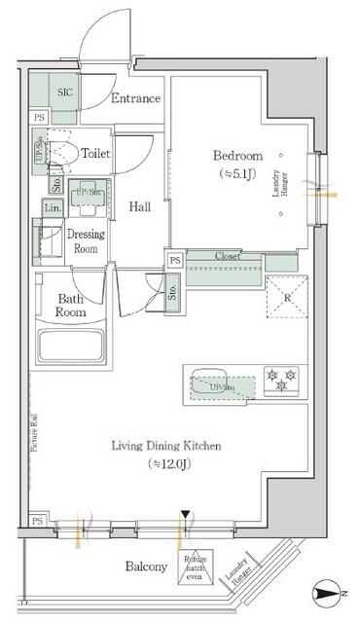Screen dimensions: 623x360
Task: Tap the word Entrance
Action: tap(136, 98)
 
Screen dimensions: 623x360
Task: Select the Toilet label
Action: tap(95, 154)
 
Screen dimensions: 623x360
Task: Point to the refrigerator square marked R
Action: tap(285, 297)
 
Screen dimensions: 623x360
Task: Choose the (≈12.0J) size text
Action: tap(166, 464)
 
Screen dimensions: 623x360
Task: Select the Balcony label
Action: tap(147, 567)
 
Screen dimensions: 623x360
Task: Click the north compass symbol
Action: tap(328, 592)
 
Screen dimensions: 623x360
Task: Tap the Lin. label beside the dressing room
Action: tap(52, 207)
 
